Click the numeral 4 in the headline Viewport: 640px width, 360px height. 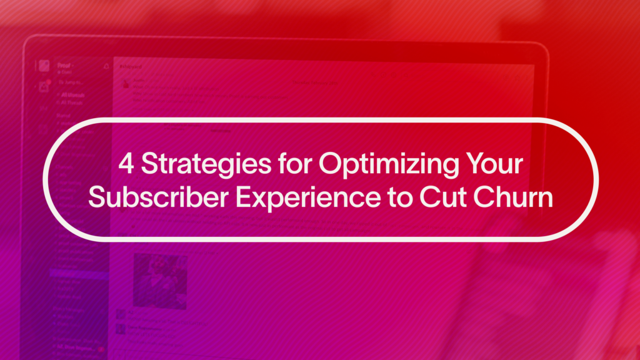(127, 164)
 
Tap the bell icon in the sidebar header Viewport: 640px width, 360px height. (106, 65)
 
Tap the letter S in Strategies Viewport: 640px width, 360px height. (148, 164)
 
